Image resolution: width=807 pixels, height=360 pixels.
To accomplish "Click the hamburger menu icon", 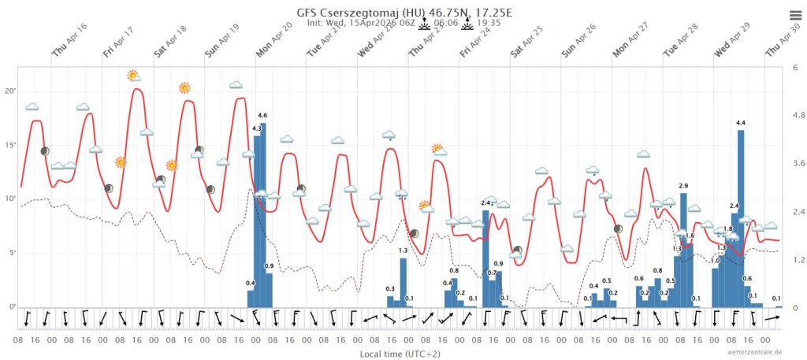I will pos(794,16).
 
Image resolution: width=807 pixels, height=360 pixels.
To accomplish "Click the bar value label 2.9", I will pos(683,185).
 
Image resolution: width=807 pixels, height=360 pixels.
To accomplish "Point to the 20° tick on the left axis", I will pos(11,91).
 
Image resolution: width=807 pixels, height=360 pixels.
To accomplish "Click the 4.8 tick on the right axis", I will pos(798,116).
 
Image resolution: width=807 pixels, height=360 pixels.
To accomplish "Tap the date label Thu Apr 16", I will pos(70,50).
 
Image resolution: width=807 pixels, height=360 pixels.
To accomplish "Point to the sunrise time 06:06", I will pos(446,24).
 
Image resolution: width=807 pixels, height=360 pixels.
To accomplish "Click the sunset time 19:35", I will pos(489,24).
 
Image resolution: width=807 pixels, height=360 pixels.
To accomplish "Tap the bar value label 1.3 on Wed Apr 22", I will pos(403,251).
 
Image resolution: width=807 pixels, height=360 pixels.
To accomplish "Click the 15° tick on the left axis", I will pos(11,146).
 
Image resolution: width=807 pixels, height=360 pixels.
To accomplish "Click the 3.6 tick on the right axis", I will pos(798,164).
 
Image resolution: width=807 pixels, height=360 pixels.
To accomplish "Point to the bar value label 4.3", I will pos(256,128).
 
